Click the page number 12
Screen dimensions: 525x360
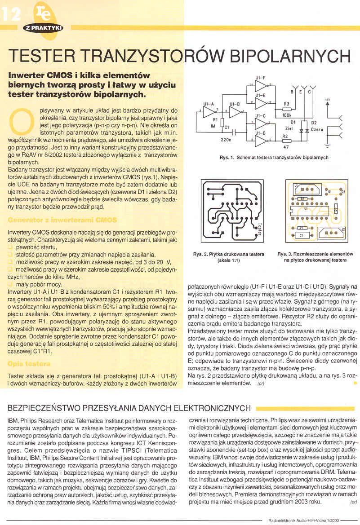pos(11,16)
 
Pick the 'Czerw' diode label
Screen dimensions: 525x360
pos(317,129)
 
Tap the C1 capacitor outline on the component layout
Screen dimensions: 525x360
pos(301,235)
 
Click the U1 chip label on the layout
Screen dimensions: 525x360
pos(306,209)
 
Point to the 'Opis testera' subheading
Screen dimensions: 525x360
pos(29,363)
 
